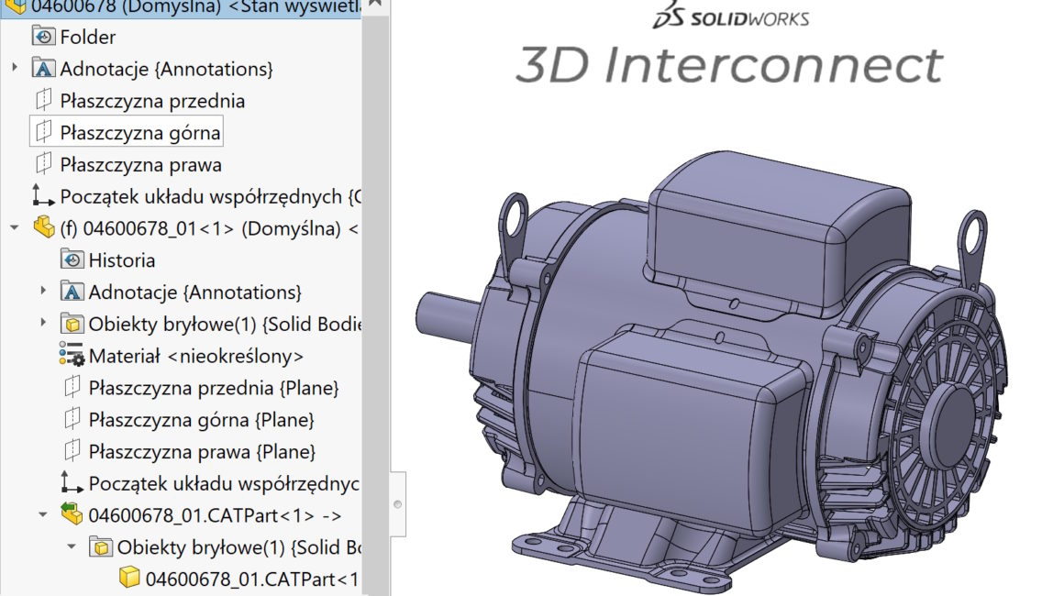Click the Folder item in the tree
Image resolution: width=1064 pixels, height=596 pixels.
click(x=87, y=37)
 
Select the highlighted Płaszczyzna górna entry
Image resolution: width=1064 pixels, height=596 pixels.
click(x=139, y=133)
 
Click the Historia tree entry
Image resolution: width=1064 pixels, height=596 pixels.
click(x=121, y=260)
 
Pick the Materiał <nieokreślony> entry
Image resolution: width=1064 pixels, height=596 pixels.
click(x=195, y=356)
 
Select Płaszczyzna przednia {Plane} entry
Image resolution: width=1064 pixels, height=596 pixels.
click(x=213, y=388)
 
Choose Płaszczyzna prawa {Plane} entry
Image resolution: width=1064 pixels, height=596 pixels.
click(x=202, y=452)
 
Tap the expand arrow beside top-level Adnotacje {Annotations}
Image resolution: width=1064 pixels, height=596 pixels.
click(x=15, y=69)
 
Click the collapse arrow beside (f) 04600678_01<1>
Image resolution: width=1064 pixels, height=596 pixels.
click(x=15, y=227)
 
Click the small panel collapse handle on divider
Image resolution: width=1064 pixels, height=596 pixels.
click(x=397, y=504)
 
